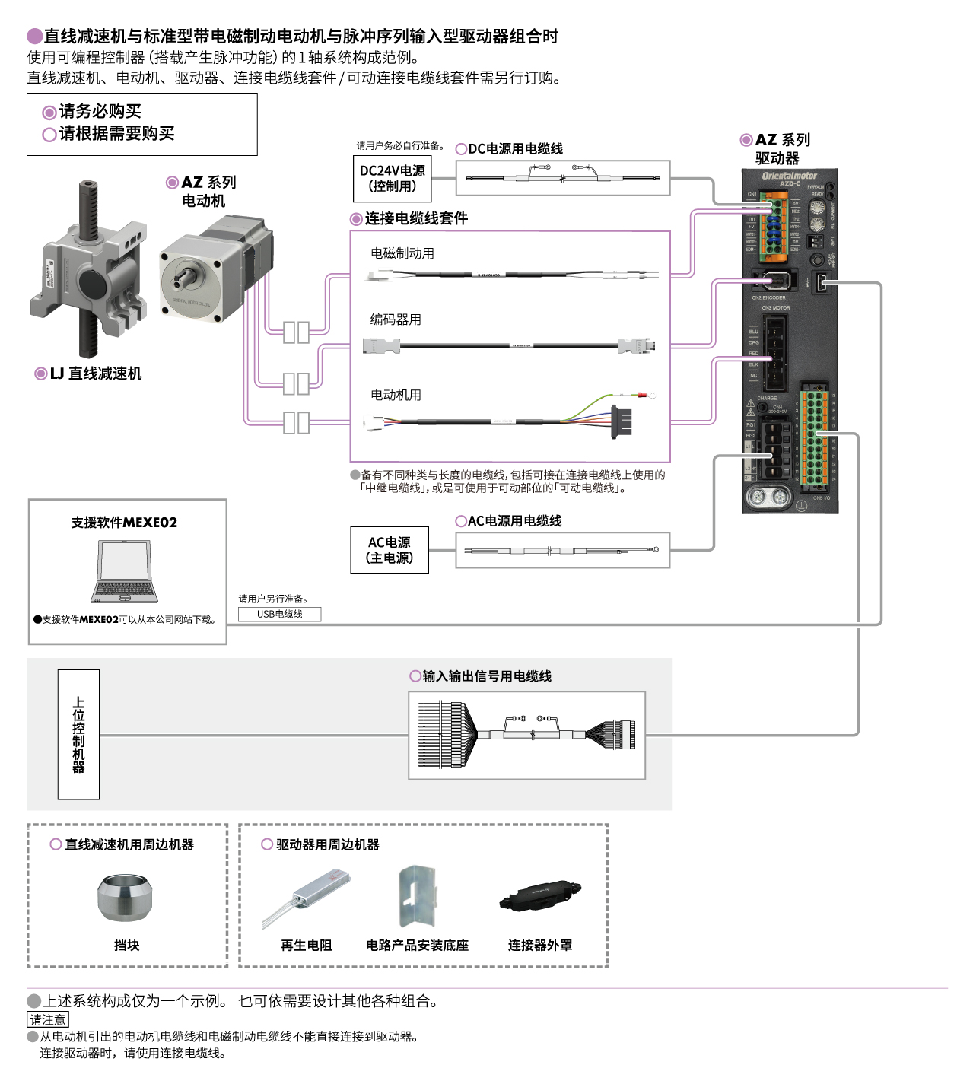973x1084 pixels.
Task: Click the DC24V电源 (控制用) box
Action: (x=392, y=178)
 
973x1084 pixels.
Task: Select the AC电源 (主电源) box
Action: (x=389, y=550)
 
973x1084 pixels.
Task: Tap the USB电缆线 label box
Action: (x=279, y=614)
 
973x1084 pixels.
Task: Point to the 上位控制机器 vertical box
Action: (x=78, y=734)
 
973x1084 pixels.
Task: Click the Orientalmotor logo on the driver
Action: (x=789, y=176)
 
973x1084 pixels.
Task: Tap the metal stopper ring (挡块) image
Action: (x=126, y=898)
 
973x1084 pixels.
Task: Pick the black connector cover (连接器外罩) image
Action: (x=540, y=897)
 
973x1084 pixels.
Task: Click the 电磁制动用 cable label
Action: (x=402, y=253)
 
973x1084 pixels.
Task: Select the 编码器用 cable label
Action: (x=396, y=319)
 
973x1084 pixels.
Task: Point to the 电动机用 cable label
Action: (x=396, y=395)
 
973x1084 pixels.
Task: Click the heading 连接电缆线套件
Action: (x=416, y=219)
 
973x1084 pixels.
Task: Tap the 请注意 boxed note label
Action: (x=48, y=1019)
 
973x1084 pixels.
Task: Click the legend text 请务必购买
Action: (x=100, y=112)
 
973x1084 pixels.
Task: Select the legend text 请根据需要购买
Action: (x=116, y=134)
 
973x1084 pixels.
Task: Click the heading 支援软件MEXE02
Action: (x=124, y=523)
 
